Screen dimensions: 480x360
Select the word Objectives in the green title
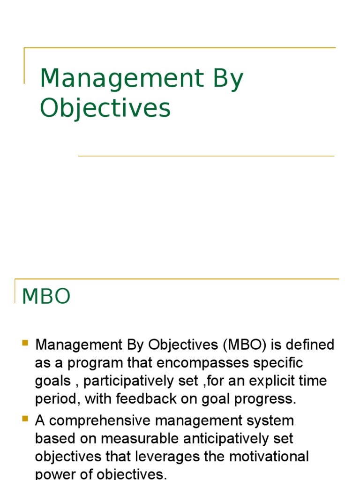[105, 108]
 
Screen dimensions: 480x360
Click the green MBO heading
[46, 296]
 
